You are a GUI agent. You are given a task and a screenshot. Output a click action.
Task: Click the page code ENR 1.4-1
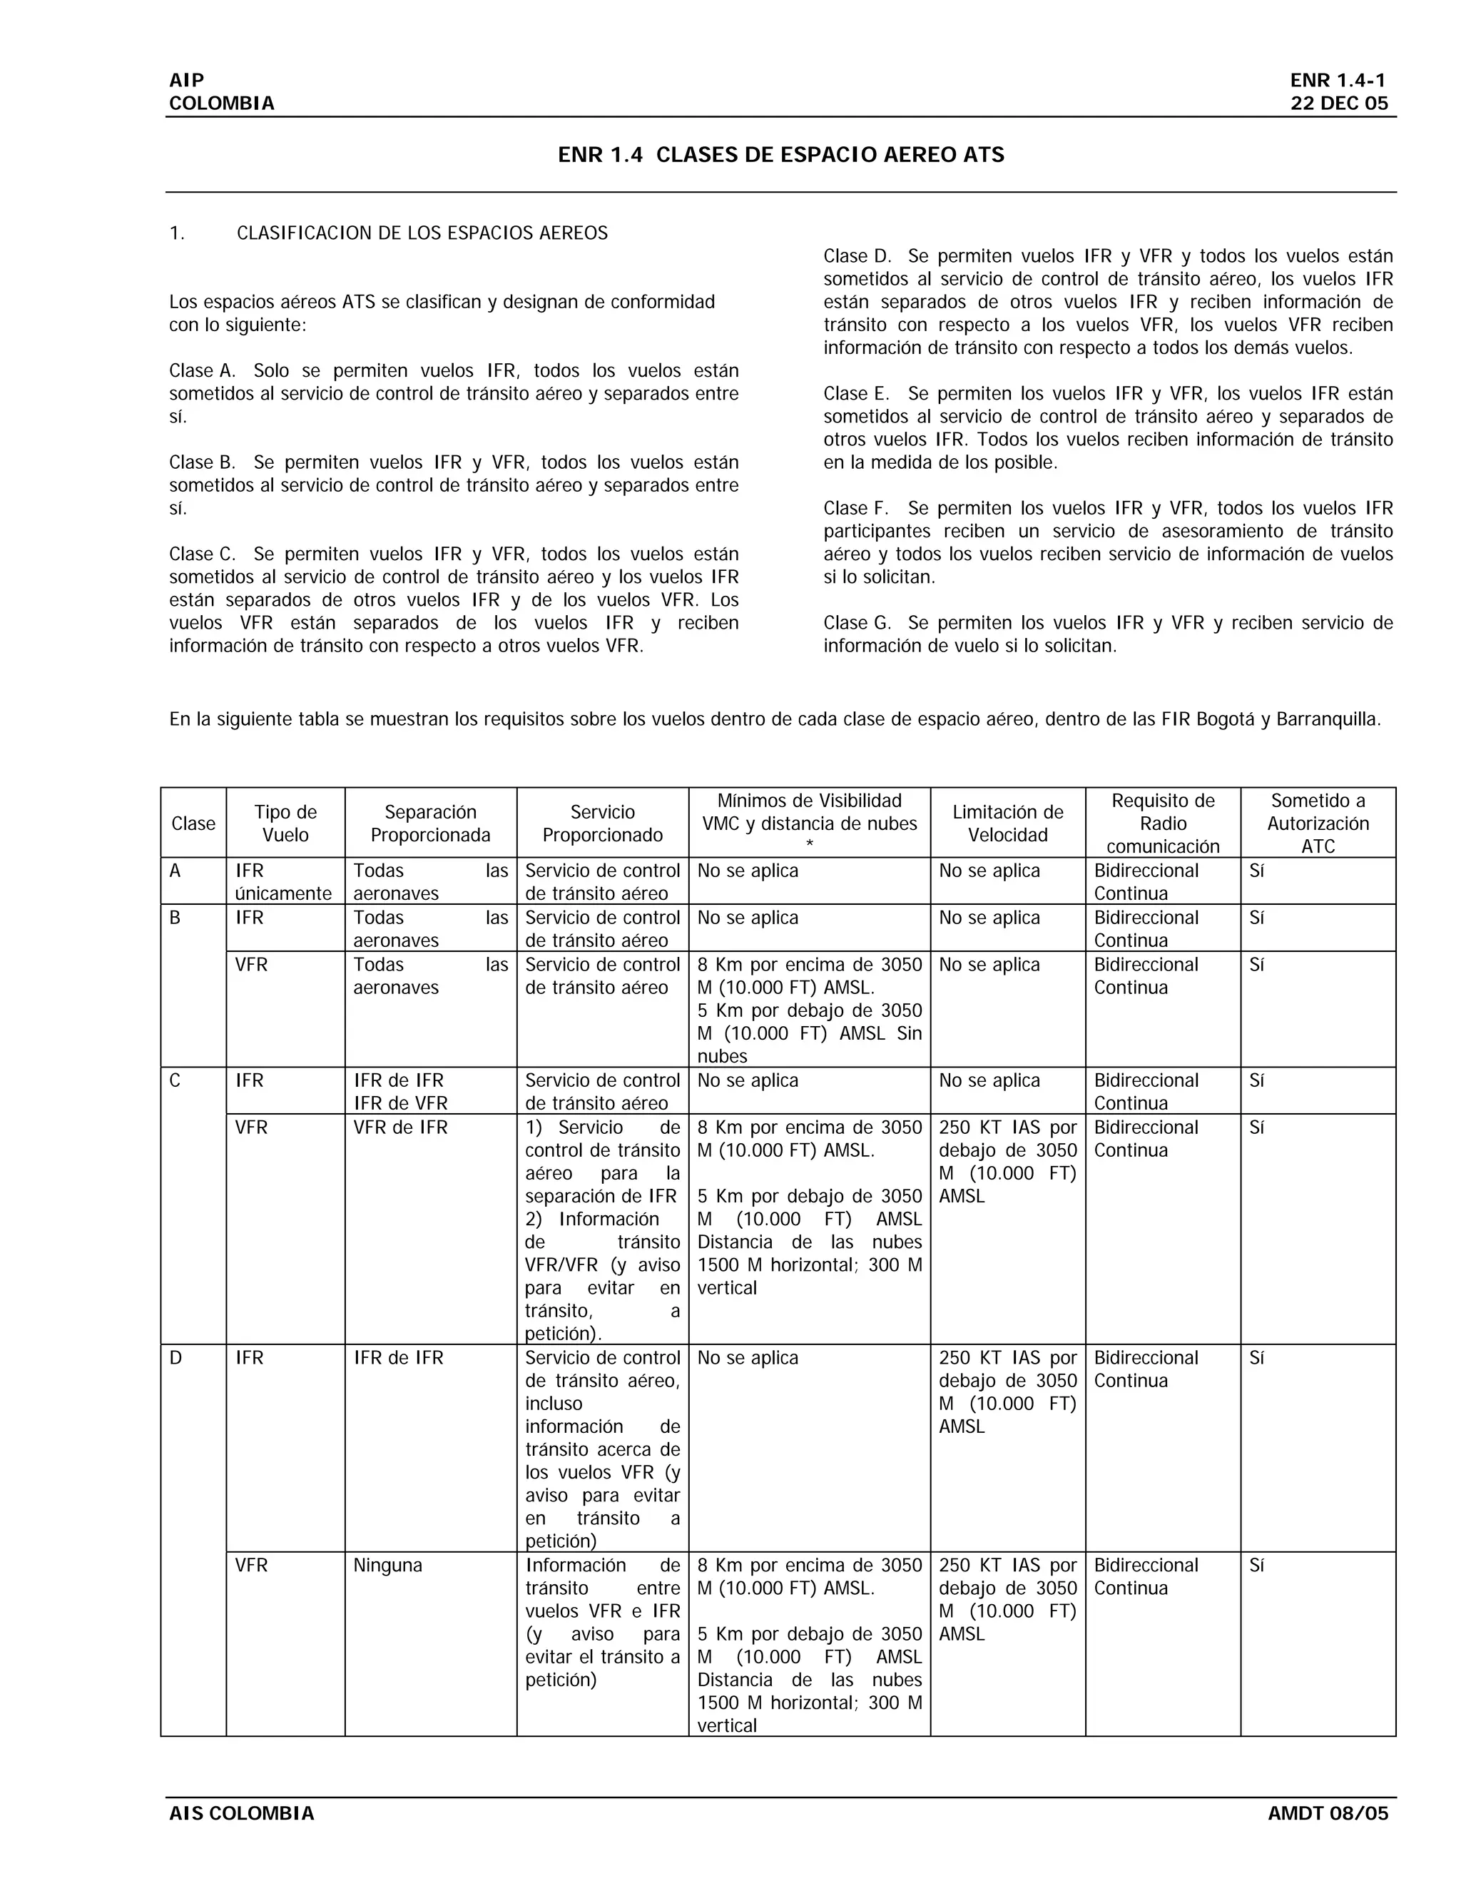tap(1338, 81)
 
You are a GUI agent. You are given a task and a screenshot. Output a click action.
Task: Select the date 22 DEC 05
tap(1339, 104)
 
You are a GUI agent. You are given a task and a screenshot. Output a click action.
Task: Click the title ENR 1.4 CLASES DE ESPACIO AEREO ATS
tap(780, 155)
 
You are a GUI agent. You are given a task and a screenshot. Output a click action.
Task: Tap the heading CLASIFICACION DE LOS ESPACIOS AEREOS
tap(422, 233)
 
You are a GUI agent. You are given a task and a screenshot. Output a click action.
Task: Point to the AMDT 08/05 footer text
tap(1328, 1813)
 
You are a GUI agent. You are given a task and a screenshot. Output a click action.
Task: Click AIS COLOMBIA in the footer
tap(242, 1813)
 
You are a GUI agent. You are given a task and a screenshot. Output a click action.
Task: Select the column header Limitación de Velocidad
tap(1007, 823)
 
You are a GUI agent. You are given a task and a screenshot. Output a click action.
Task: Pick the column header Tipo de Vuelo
tap(285, 823)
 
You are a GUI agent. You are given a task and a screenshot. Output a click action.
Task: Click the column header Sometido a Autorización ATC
tap(1318, 823)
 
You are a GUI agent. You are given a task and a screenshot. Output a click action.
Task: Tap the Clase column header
tap(193, 823)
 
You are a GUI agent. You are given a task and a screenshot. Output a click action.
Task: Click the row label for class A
tap(175, 871)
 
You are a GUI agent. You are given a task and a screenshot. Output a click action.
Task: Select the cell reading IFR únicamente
tap(284, 881)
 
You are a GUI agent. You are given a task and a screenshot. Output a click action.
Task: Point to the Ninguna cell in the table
tap(388, 1566)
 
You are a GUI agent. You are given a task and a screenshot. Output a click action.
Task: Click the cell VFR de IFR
tap(401, 1127)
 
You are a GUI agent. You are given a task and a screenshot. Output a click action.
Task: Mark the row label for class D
tap(175, 1358)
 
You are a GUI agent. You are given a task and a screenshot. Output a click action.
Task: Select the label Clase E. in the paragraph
tap(856, 393)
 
